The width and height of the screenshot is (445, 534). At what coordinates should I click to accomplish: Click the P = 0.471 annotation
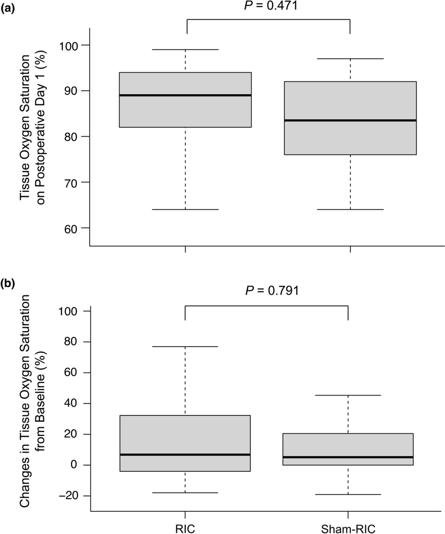coord(268,5)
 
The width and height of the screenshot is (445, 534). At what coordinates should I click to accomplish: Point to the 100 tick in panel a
coord(71,46)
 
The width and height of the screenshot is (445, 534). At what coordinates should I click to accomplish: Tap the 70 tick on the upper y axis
coord(75,183)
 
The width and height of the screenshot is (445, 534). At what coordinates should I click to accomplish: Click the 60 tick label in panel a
coord(75,228)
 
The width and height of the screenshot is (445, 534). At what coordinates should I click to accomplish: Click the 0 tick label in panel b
coord(80,465)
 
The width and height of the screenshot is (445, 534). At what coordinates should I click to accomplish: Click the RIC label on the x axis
coord(185,526)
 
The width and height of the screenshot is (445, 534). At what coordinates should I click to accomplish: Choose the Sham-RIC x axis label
coord(348,526)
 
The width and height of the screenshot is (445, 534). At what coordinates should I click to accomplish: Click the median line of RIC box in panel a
coord(185,95)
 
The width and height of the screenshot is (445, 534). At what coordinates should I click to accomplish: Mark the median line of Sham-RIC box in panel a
coord(350,120)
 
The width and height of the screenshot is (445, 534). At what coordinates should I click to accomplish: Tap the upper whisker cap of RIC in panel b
coord(185,346)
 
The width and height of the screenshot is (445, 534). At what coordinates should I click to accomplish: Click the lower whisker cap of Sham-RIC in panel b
coord(348,494)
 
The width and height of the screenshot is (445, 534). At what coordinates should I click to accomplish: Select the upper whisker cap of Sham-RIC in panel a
coord(350,58)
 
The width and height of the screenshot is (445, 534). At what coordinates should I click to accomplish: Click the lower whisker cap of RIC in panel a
coord(185,209)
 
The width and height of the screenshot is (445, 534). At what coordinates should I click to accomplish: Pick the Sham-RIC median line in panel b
coord(348,457)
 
